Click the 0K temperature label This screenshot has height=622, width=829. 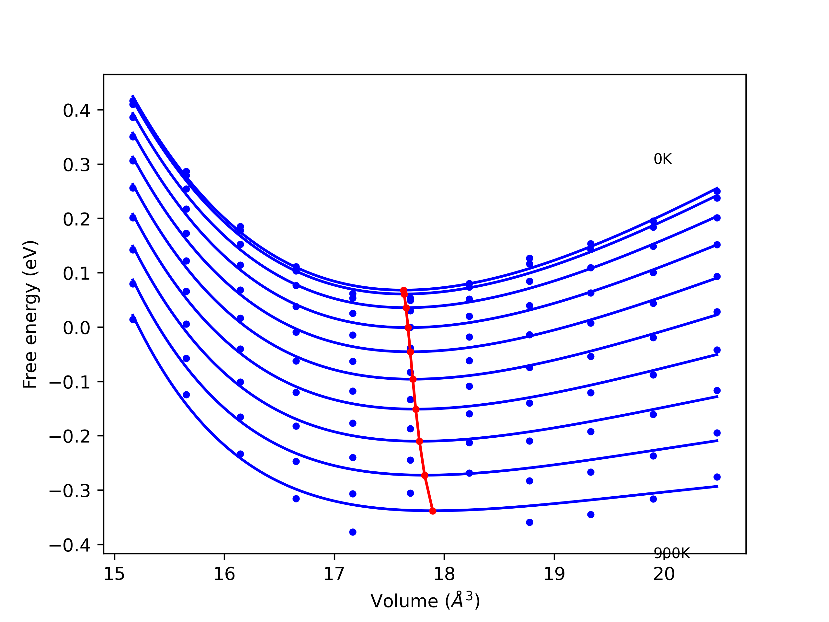[x=663, y=159]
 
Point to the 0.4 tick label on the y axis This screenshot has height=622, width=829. [x=76, y=110]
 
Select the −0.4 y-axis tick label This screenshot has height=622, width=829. [x=70, y=546]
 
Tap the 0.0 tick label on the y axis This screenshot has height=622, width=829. [x=76, y=328]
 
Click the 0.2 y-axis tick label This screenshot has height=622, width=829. [x=76, y=219]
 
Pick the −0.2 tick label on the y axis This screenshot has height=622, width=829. [x=70, y=437]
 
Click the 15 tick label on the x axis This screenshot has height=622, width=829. [x=114, y=574]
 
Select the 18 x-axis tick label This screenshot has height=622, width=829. [x=444, y=574]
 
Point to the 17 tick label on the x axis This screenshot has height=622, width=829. [x=334, y=574]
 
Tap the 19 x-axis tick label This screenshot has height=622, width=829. [x=554, y=574]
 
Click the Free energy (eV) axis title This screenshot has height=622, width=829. [x=30, y=314]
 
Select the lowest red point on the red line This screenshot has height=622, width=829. [x=433, y=511]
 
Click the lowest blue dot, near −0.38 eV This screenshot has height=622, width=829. [x=353, y=532]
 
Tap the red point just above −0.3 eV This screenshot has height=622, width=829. [x=425, y=475]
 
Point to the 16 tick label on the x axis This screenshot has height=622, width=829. [x=224, y=574]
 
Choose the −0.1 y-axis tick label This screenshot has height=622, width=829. [x=70, y=382]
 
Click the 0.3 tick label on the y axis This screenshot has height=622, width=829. [x=76, y=165]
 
